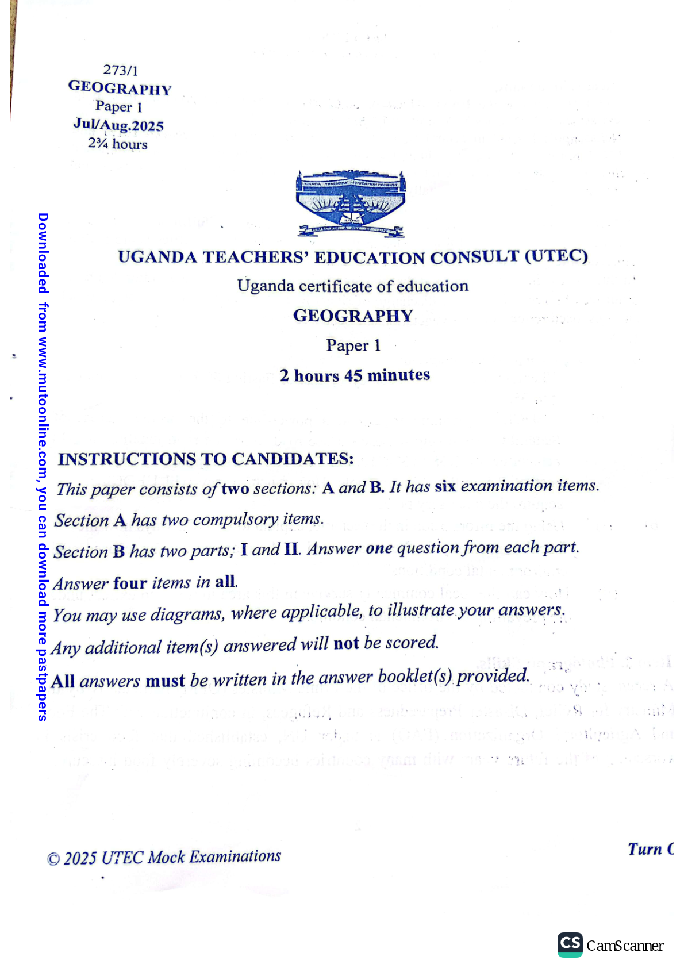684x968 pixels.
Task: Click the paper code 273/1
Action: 120,70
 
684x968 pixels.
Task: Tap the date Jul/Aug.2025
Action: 118,125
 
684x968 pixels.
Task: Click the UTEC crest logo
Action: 351,203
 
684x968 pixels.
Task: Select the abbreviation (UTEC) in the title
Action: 556,256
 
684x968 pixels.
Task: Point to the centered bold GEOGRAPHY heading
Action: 353,316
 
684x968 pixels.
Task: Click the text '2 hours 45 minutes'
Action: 355,375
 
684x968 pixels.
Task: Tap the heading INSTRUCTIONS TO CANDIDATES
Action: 206,459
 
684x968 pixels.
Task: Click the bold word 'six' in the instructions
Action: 445,486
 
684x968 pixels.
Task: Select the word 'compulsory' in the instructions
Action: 236,520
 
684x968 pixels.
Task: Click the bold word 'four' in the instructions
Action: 130,583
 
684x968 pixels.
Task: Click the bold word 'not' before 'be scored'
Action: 346,643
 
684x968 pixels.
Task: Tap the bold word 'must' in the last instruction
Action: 165,681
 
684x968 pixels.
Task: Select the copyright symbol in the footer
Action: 53,859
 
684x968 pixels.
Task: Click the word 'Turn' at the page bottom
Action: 644,849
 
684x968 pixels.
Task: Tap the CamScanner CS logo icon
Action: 570,944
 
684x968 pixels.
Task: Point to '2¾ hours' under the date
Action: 118,144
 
